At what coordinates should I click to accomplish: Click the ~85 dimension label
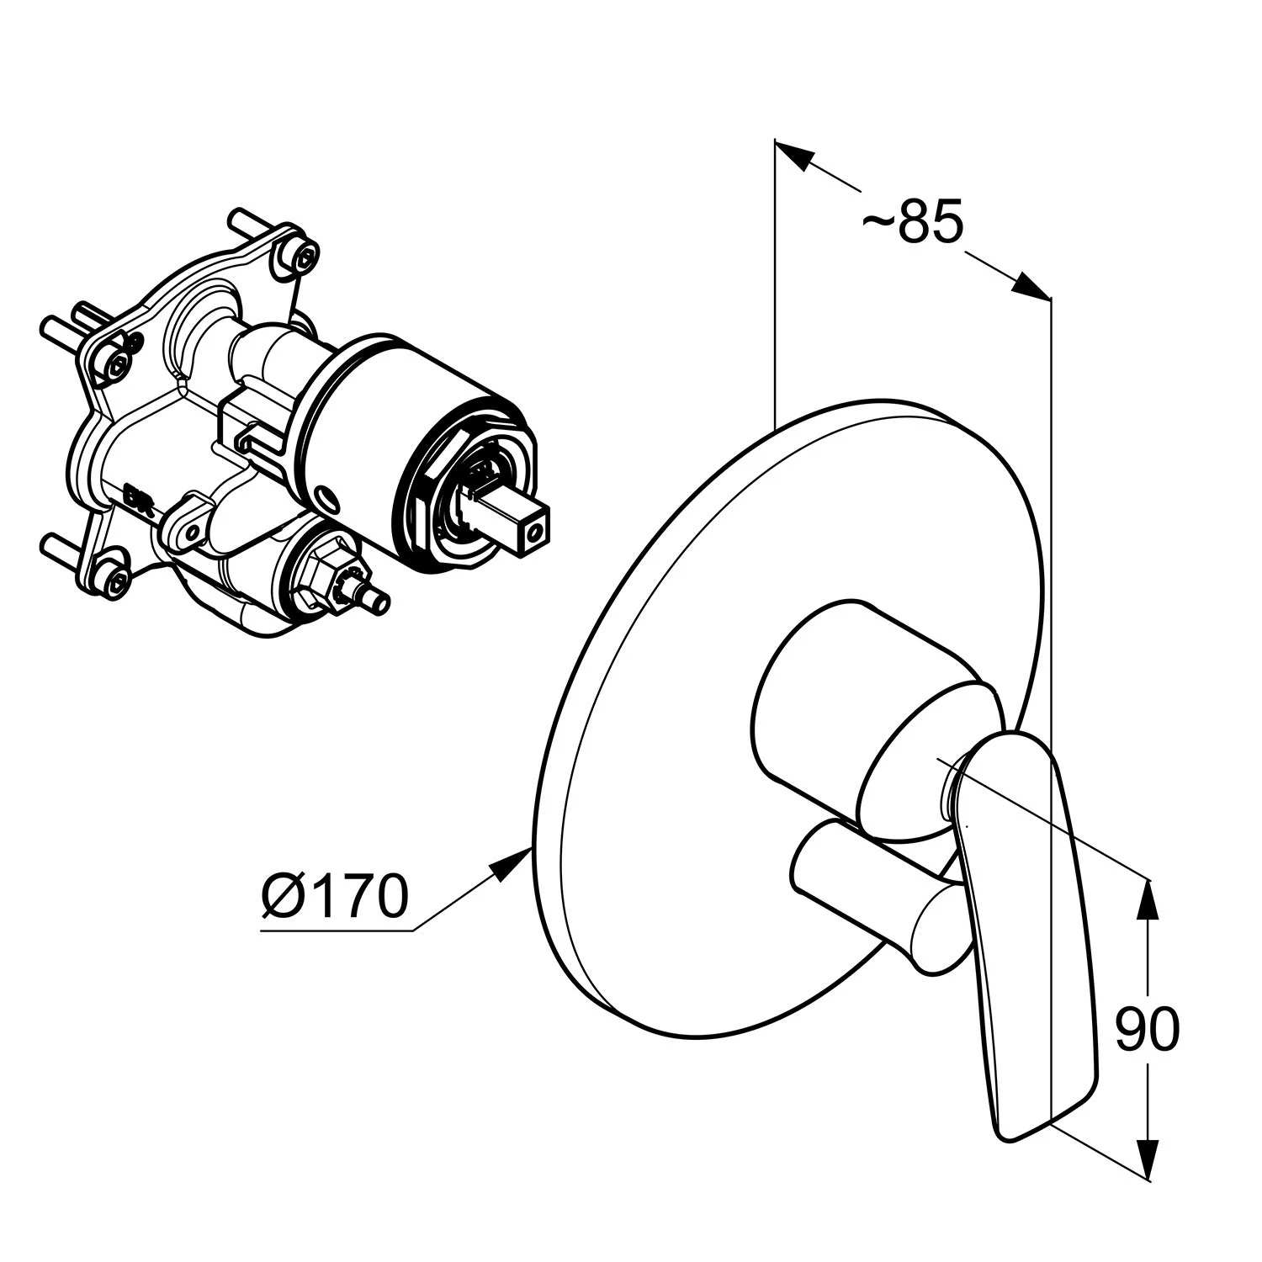coord(912,223)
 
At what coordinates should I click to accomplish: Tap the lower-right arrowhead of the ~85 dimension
coord(1031,286)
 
